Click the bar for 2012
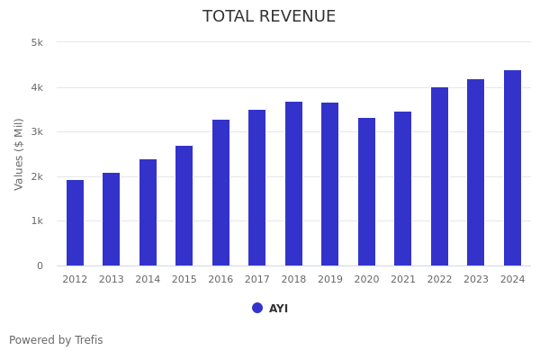click(75, 222)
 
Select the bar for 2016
click(220, 193)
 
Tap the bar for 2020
click(366, 192)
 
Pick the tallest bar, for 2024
click(512, 167)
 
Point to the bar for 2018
click(293, 184)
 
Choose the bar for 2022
click(439, 176)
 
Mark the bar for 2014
click(148, 212)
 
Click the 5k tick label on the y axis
click(37, 42)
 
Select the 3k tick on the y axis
click(37, 131)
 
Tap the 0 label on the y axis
click(40, 265)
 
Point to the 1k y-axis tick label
click(37, 220)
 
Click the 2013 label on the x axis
click(112, 280)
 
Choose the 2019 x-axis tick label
click(330, 280)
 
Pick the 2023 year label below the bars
click(476, 280)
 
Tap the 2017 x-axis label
click(257, 280)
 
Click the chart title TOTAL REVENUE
click(269, 17)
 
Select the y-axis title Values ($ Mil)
click(19, 154)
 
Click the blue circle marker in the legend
click(257, 308)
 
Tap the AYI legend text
click(278, 309)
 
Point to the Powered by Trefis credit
click(56, 340)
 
